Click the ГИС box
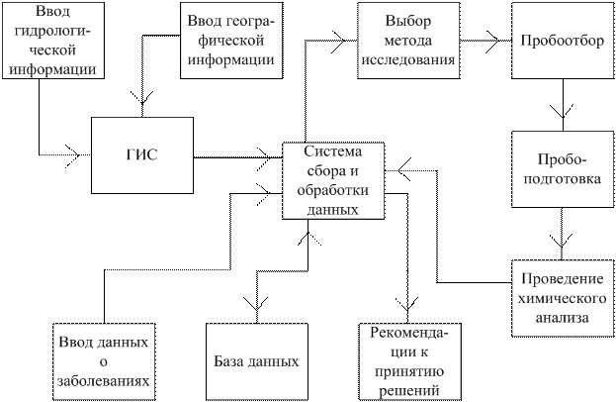[142, 155]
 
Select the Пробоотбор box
[563, 41]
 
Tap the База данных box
[257, 361]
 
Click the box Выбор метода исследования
[408, 41]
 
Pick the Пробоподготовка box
[563, 169]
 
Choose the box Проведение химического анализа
[563, 298]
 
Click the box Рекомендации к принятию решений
[409, 361]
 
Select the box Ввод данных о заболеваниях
[104, 361]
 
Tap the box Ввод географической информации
[231, 41]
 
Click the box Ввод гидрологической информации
[53, 41]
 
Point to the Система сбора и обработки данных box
[333, 181]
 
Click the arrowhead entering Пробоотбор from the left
[493, 41]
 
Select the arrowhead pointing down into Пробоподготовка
[563, 112]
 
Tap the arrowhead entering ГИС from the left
[73, 155]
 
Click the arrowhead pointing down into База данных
[256, 303]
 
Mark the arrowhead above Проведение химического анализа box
[562, 241]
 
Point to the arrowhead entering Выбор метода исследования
[339, 41]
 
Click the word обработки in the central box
[333, 190]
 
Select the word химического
[563, 299]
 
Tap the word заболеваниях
[104, 381]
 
